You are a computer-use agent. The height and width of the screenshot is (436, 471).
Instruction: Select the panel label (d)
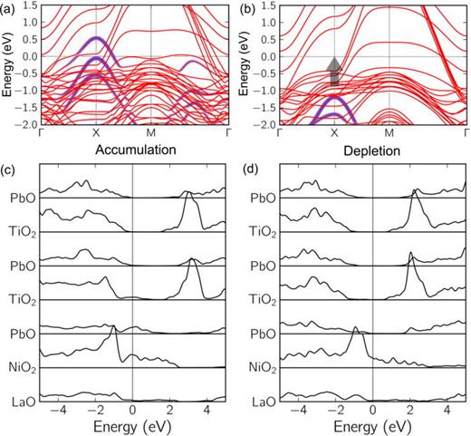(251, 169)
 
